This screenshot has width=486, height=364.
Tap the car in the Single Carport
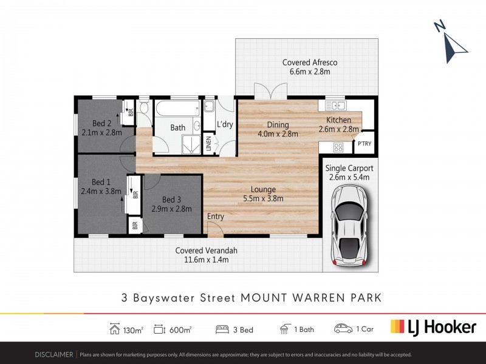[349, 224]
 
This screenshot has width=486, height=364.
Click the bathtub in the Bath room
[178, 110]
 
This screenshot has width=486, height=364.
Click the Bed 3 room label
[172, 200]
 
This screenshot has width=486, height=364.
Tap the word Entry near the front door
[216, 217]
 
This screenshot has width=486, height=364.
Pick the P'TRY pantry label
[364, 144]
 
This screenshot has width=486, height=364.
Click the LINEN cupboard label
[208, 144]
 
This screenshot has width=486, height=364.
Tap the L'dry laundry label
[225, 125]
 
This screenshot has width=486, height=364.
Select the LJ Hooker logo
[433, 328]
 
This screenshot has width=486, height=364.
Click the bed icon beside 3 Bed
[222, 329]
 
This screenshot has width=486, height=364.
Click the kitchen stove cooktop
[338, 147]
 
